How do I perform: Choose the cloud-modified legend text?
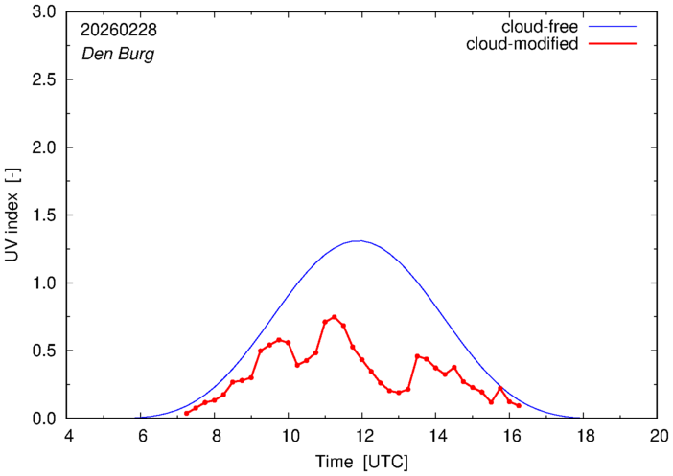click(x=522, y=44)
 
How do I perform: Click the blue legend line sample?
click(x=618, y=27)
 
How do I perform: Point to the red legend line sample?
click(x=618, y=44)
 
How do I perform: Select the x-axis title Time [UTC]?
click(x=362, y=461)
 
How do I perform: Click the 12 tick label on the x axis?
click(x=362, y=436)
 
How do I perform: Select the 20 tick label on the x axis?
click(x=658, y=436)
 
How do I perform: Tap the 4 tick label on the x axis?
click(x=68, y=436)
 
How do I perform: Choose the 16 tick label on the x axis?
click(x=510, y=436)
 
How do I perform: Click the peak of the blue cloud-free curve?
click(x=359, y=241)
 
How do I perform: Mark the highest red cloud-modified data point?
click(x=334, y=317)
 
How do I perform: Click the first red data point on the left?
click(x=187, y=413)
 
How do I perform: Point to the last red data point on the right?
click(x=519, y=406)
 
